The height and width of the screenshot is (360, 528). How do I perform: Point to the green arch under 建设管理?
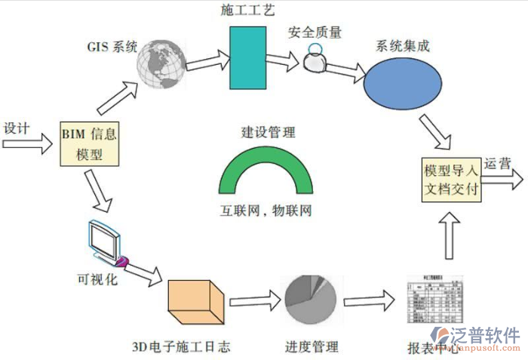(x=266, y=172)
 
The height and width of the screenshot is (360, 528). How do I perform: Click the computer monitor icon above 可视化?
(x=106, y=243)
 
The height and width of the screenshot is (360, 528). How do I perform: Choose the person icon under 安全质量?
(x=314, y=60)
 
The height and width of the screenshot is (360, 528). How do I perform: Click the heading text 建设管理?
(x=268, y=133)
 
